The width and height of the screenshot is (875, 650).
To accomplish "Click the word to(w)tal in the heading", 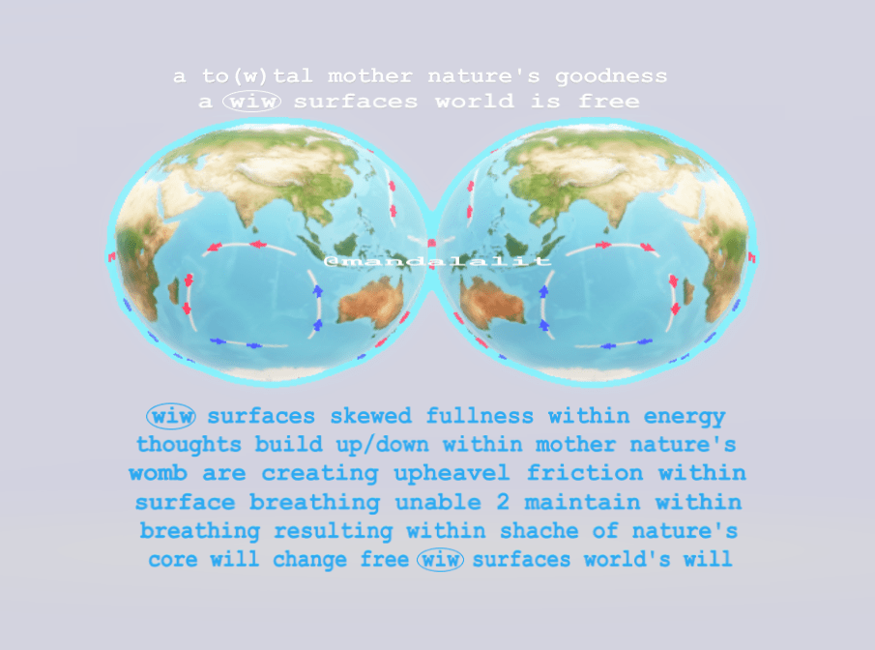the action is click(257, 75).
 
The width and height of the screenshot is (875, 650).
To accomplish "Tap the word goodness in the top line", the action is click(611, 77).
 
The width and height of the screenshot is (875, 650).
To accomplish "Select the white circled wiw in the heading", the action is click(251, 101).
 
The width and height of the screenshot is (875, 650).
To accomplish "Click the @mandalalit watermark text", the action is click(437, 261).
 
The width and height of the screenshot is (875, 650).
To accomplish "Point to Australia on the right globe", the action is click(493, 302).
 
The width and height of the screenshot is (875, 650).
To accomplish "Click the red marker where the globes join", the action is click(431, 243).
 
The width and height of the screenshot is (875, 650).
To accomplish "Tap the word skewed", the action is click(370, 416).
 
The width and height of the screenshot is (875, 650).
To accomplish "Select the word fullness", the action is click(480, 416).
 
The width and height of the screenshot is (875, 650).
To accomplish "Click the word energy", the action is click(685, 417).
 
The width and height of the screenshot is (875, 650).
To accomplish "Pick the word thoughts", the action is click(189, 445).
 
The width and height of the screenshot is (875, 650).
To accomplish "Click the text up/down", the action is click(382, 445).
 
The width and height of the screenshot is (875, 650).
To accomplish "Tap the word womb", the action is click(158, 474).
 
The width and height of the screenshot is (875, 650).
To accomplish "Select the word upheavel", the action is click(452, 474).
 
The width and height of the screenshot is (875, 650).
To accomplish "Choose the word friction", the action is click(584, 473).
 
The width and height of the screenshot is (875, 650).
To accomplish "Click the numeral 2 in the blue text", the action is click(503, 502).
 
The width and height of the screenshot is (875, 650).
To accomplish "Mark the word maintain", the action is click(582, 502).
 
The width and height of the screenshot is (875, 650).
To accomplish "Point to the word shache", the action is click(539, 530).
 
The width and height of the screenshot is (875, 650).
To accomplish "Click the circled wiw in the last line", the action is click(440, 559).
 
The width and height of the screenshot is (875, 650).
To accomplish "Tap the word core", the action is click(173, 559).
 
